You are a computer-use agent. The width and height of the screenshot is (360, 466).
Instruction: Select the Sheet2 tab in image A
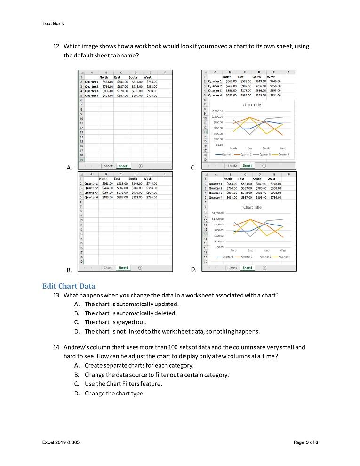pos(108,166)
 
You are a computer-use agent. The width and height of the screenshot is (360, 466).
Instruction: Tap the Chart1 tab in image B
pos(108,267)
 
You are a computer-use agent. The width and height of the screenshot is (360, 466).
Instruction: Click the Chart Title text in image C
pos(252,105)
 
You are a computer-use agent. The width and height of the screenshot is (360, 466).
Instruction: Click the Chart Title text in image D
pos(252,207)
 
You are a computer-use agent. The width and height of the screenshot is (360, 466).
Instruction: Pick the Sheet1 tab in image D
pos(247,267)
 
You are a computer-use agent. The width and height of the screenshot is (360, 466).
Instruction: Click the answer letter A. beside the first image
pos(70,167)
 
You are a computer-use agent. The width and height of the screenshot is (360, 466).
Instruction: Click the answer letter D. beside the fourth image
pos(193,269)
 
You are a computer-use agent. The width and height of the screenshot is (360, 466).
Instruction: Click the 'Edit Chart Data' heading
pos(68,286)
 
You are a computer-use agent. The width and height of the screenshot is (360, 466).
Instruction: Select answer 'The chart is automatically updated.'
pos(131,304)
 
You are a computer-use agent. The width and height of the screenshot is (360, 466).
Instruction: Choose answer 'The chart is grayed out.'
pos(115,322)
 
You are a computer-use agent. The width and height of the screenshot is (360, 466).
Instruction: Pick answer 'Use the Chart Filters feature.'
pos(123,384)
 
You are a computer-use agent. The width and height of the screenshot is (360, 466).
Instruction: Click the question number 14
pos(56,347)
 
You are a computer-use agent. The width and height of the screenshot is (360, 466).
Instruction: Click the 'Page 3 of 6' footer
pos(305,442)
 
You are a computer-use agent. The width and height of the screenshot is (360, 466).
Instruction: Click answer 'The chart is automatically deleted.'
pos(130,313)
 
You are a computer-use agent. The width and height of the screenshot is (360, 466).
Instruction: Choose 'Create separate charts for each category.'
pos(139,366)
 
